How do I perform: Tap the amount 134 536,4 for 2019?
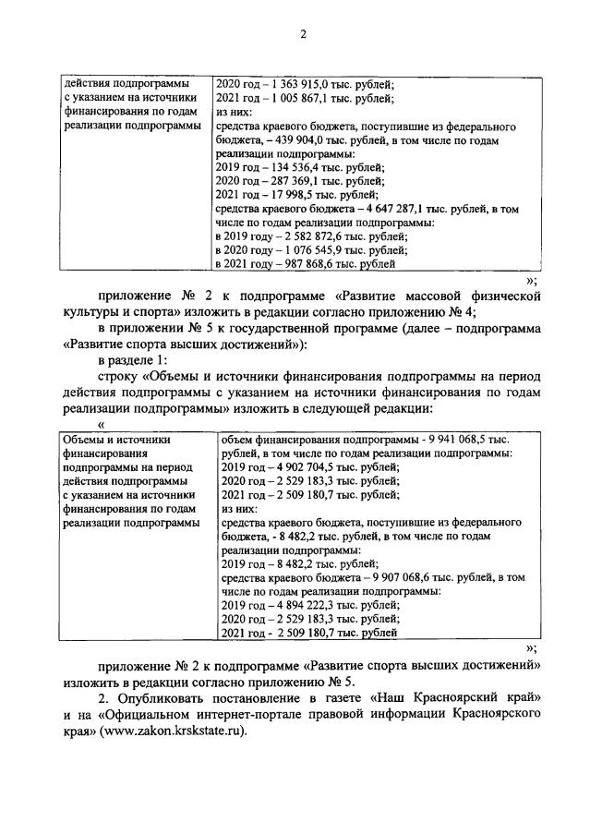click(x=291, y=168)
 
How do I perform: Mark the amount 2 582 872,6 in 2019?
click(x=307, y=237)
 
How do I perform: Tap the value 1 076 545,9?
click(x=307, y=250)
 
